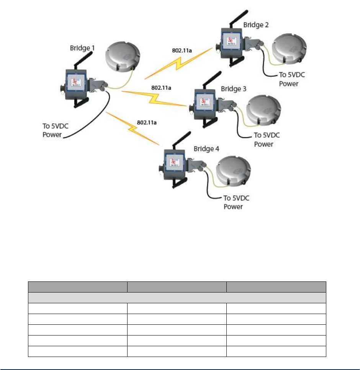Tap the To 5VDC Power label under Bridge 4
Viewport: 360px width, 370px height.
(x=238, y=203)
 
